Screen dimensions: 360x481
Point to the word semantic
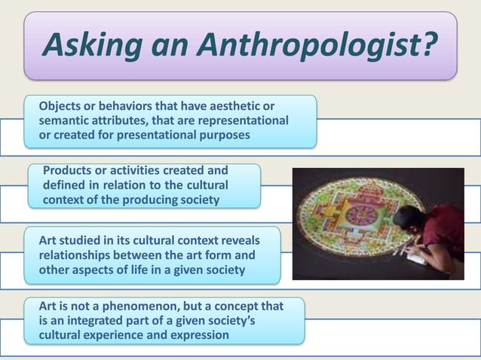66,121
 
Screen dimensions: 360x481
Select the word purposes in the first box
222,135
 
